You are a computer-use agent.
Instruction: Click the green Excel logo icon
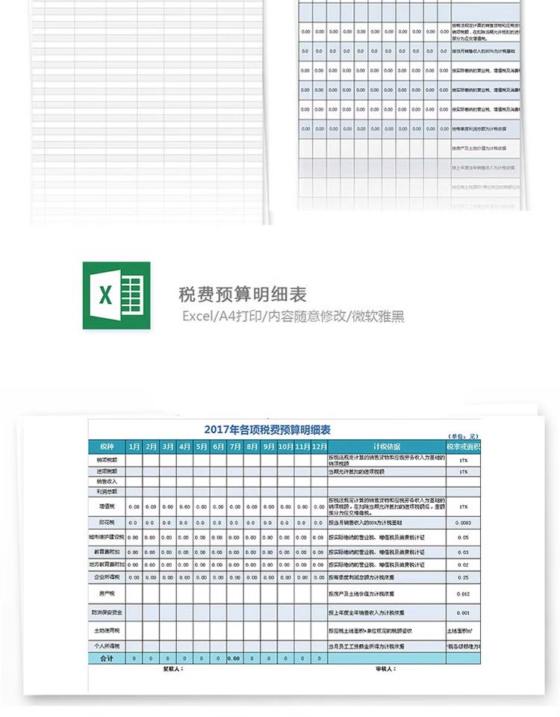pos(116,294)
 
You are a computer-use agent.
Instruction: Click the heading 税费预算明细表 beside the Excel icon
pos(243,294)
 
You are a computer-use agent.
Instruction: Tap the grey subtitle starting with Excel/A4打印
pos(293,316)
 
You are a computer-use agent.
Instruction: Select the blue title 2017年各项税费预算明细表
pos(267,429)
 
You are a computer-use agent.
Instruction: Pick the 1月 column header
pos(134,447)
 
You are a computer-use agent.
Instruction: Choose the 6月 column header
pos(218,447)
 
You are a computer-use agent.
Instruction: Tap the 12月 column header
pos(320,447)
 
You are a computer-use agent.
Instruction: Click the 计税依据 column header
pos(386,447)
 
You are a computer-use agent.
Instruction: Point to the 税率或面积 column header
pos(464,447)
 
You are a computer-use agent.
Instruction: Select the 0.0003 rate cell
pos(464,523)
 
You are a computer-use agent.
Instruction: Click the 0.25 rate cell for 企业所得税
pos(464,577)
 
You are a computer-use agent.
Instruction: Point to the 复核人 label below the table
pos(172,669)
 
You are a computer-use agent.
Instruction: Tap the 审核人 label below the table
pos(385,669)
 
